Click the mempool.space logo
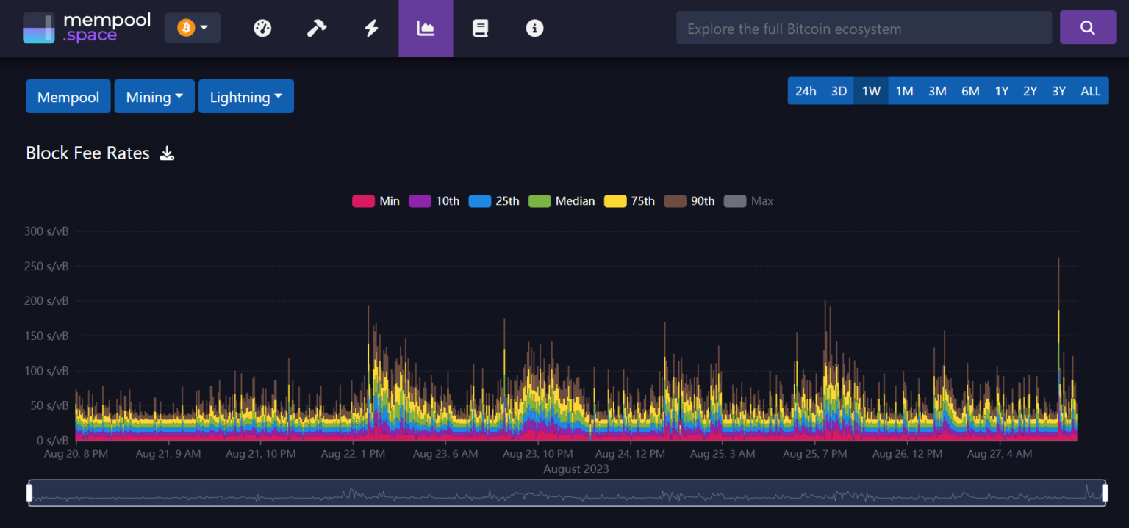tap(87, 28)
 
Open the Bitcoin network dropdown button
tap(193, 28)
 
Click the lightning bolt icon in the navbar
tap(371, 29)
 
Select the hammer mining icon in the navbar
tap(317, 29)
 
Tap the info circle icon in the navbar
tap(534, 29)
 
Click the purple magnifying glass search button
tap(1087, 28)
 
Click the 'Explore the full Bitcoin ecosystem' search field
tap(864, 29)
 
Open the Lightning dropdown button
tap(245, 97)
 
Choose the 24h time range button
tap(806, 91)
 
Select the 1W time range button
tap(871, 91)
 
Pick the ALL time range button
tap(1090, 91)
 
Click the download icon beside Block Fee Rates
tap(168, 153)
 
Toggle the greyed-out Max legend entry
tap(749, 201)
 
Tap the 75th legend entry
tap(629, 201)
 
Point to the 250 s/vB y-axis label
tap(46, 267)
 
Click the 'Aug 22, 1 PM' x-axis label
tap(353, 454)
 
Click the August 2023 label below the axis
tap(576, 469)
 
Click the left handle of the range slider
tap(29, 492)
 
